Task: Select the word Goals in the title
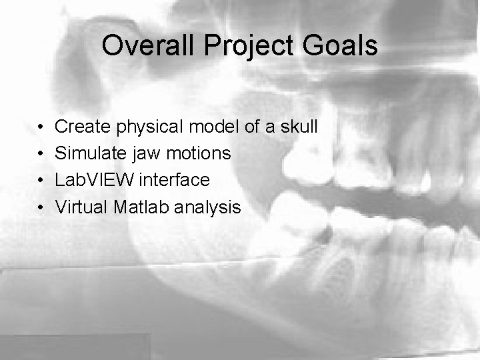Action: (x=343, y=46)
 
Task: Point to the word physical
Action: (x=151, y=126)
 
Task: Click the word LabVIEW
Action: (x=94, y=180)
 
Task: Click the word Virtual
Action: (x=81, y=207)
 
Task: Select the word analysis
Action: (x=207, y=207)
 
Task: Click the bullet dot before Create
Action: (x=41, y=127)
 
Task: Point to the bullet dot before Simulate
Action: (x=41, y=154)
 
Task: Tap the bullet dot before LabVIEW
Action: (x=41, y=181)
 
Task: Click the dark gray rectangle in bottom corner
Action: (x=75, y=347)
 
